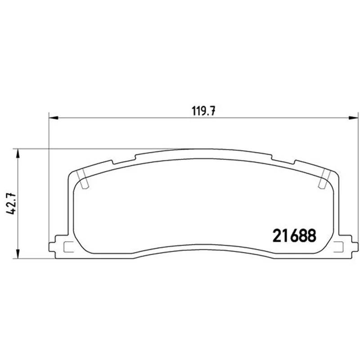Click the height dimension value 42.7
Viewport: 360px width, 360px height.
pos(11,204)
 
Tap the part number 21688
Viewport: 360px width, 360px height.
pos(294,235)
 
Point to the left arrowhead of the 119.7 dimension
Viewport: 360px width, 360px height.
pos(54,118)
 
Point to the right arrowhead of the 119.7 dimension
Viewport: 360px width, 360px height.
pos(353,118)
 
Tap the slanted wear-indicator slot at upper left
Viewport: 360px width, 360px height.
pos(82,179)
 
